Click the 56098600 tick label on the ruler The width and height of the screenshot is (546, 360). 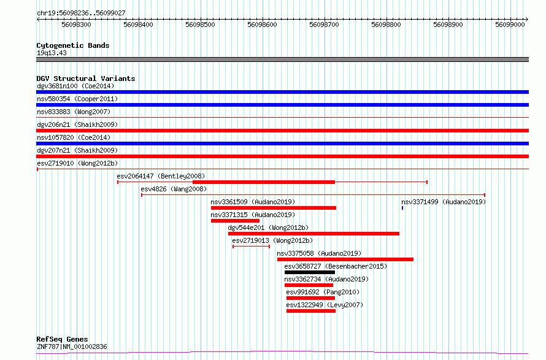262,25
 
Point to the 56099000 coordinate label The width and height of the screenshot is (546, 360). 510,25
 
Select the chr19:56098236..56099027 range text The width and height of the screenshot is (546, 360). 81,13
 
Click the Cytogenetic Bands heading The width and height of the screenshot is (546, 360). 73,45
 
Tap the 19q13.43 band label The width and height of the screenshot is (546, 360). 52,53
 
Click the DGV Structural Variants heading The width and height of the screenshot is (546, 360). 86,79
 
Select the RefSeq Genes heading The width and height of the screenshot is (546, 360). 62,339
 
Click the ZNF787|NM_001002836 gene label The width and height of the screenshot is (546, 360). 72,347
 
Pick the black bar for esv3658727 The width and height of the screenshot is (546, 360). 310,272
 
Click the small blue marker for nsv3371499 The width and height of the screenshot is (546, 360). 402,208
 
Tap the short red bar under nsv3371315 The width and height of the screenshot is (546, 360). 235,221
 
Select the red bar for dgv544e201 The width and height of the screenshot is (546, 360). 313,234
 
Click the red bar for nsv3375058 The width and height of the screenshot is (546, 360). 345,259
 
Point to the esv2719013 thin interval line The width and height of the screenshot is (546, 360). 251,247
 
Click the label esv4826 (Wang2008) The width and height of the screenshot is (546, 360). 174,189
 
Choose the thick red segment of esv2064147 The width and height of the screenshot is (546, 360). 264,182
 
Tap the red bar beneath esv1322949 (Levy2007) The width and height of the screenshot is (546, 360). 311,311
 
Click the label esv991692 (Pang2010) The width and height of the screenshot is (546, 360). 323,292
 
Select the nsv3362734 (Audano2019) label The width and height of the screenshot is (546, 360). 326,279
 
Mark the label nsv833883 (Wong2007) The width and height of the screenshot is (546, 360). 74,112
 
